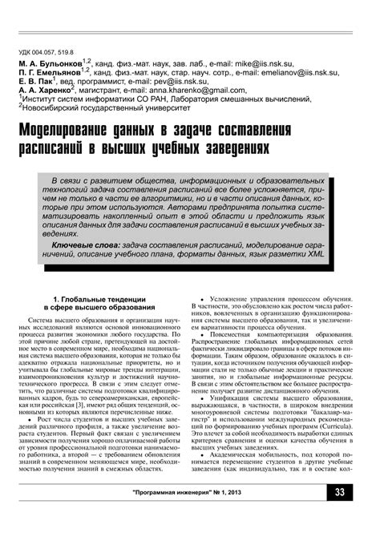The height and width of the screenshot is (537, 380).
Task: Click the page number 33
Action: point(340,515)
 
